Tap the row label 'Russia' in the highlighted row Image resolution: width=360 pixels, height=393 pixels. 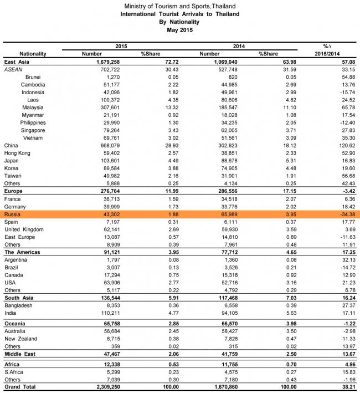[12, 213]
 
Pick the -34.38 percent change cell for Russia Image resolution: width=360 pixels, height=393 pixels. [342, 213]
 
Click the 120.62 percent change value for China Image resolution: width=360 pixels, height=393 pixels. [342, 145]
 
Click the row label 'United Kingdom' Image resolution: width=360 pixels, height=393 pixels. [24, 229]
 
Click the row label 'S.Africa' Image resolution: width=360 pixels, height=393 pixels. [15, 372]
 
